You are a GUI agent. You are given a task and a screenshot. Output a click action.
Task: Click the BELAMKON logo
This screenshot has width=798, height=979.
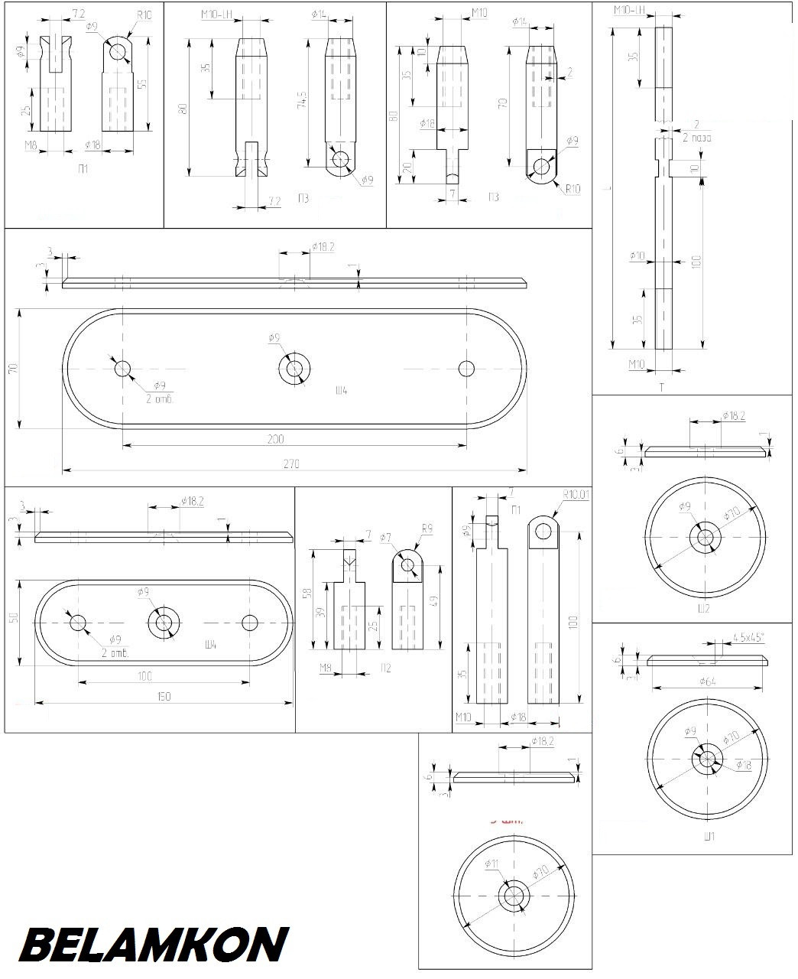point(154,945)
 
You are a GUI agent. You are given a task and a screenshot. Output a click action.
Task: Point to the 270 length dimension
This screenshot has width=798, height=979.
point(290,463)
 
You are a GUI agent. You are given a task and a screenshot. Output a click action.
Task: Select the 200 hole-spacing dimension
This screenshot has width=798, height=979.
point(276,439)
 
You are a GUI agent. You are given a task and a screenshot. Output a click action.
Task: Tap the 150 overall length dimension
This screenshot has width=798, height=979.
point(164,695)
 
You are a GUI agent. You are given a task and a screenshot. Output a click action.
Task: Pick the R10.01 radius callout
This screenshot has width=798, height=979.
point(576,495)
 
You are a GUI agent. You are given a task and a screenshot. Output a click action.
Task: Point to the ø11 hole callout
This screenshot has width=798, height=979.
point(492,863)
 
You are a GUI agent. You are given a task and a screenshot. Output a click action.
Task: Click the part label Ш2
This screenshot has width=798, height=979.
point(704,609)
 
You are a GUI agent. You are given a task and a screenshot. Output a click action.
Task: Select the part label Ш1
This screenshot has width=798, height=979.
point(708,836)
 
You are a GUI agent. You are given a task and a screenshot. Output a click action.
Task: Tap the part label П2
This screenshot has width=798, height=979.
point(385,668)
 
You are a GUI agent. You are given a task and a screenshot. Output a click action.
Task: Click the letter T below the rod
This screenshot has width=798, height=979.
point(662,388)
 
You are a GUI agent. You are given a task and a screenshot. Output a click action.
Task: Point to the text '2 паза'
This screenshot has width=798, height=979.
point(697,138)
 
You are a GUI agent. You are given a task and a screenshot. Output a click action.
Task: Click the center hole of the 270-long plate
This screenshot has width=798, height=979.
point(294,369)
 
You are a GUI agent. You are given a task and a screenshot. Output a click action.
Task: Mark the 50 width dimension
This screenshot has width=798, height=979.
point(13,618)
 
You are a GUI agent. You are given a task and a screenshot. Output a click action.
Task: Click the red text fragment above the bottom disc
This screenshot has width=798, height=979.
point(505,820)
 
